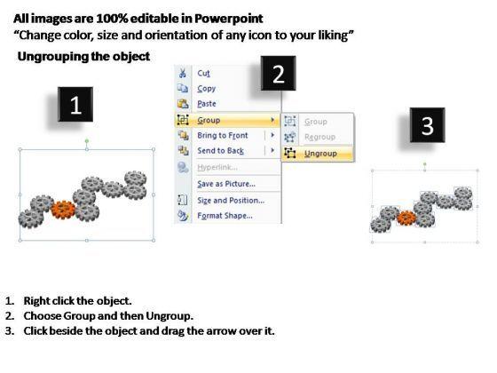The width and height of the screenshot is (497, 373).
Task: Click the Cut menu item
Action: coord(203,73)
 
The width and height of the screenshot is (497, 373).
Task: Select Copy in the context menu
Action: coord(206,89)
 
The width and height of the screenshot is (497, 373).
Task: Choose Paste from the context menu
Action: coord(207,104)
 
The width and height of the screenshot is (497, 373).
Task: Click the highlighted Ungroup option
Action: coord(320,154)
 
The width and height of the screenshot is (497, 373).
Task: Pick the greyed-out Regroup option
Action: coord(319,137)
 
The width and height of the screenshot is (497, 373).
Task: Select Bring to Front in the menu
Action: coord(223,135)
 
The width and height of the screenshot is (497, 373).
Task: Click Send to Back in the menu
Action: coord(221,151)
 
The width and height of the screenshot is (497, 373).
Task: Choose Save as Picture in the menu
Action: coord(226,184)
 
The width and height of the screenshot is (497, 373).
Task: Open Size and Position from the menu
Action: coord(231,201)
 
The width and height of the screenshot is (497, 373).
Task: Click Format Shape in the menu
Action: coord(225,216)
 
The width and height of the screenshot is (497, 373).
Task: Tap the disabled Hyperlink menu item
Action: coord(217,167)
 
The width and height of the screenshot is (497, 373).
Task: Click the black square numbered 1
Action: coord(75,105)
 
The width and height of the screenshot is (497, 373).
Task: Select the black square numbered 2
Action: coord(279,74)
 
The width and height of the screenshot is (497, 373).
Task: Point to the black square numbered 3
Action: coord(427,125)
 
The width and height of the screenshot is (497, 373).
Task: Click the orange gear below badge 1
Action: coord(63,210)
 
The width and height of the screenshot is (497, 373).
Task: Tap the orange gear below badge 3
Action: coord(406,218)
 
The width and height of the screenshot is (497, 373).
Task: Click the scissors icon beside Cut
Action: coord(183,73)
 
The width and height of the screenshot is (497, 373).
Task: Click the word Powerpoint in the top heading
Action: coord(229,19)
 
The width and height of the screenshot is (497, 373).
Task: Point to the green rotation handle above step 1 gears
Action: coord(87,141)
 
